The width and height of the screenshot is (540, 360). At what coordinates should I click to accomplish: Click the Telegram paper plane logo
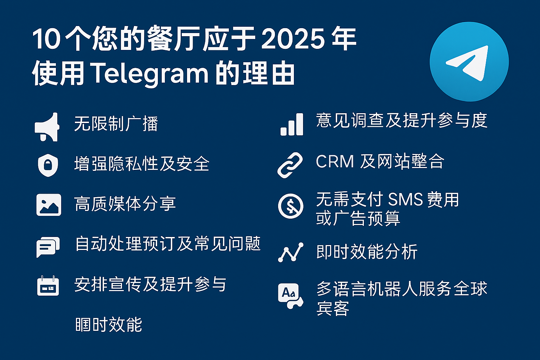coord(469,62)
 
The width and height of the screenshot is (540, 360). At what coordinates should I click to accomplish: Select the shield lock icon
coord(48,165)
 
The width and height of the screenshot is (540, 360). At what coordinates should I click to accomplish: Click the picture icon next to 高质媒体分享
coord(49,205)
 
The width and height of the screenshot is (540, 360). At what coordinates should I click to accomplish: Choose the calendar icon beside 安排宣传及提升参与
coord(48,285)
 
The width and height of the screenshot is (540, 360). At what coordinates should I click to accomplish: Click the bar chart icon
coord(291,124)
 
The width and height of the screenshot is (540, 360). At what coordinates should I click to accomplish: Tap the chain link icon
coord(290,165)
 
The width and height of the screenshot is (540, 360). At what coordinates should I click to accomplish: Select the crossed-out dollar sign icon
coord(290,206)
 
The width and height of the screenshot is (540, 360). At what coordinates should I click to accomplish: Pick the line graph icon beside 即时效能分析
coord(291,252)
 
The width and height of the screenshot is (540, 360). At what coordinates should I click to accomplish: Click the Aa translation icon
coord(290,295)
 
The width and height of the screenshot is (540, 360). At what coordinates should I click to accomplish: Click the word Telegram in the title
coord(150,74)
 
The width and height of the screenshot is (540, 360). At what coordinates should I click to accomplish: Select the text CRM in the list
coord(335,162)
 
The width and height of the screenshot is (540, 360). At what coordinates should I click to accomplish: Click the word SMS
coord(405,200)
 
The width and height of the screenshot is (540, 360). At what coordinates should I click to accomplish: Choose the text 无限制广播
coord(116,124)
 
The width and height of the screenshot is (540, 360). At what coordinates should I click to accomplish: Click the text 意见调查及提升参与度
coord(401,120)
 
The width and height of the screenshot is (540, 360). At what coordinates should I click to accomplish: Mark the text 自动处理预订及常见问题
coord(168,244)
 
